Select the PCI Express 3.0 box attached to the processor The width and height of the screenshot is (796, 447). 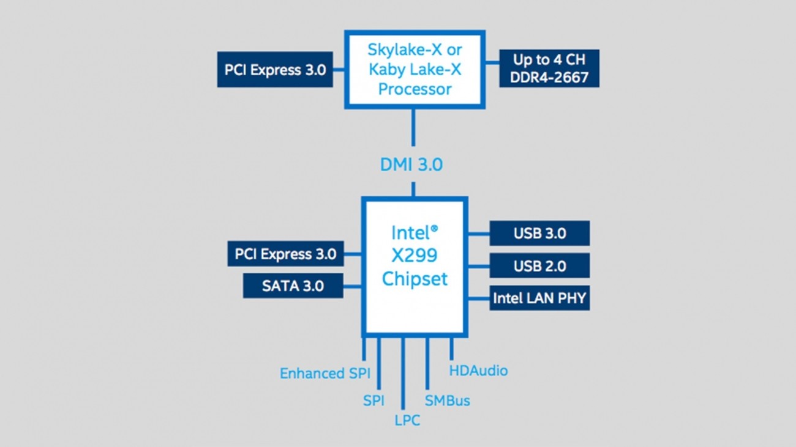tap(275, 69)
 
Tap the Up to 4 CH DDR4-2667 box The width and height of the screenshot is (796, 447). tap(549, 68)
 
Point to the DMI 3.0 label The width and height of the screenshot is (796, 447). tap(411, 164)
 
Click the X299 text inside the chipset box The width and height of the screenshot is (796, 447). tap(415, 256)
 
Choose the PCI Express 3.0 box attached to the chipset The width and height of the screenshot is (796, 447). tap(285, 254)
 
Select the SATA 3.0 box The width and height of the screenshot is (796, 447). tap(293, 286)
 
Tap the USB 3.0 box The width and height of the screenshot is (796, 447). tap(539, 234)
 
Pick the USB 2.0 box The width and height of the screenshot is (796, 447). tap(539, 266)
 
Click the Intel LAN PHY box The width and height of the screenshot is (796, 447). tap(539, 298)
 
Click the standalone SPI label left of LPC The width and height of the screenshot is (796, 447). tap(374, 401)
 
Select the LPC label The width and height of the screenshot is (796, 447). tap(407, 420)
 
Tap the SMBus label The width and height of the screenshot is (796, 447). tap(447, 401)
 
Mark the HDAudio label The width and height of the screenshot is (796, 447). tap(478, 371)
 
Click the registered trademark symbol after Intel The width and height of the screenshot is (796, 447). tap(434, 228)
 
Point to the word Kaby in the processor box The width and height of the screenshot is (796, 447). tap(386, 69)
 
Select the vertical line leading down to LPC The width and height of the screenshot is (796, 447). tap(403, 373)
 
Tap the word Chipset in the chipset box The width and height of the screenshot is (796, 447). tap(415, 279)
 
